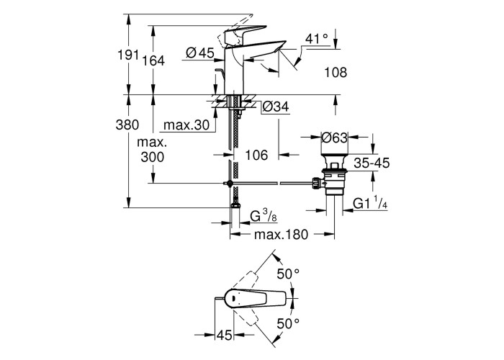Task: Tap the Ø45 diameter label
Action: tap(200, 52)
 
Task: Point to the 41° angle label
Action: tap(316, 38)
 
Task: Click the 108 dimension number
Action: tap(336, 72)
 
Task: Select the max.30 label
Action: tap(186, 125)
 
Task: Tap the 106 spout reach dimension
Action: tap(256, 155)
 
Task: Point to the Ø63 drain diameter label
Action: tap(336, 138)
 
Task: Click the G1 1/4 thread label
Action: tap(372, 205)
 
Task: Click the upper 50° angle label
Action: tap(288, 274)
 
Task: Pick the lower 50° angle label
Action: tap(288, 324)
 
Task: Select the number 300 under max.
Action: tap(153, 157)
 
